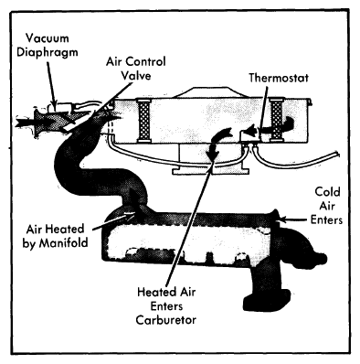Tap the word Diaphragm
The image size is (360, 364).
click(48, 52)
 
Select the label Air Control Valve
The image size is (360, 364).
click(136, 69)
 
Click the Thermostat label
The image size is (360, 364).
click(279, 78)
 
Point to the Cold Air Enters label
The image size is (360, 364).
click(326, 206)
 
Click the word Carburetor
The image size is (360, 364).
click(166, 320)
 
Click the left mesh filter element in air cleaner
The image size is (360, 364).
click(143, 121)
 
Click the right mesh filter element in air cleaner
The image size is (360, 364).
click(277, 120)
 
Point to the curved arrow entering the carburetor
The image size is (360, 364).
click(217, 142)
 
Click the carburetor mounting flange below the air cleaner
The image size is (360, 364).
click(211, 171)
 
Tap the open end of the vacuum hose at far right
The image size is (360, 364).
click(337, 154)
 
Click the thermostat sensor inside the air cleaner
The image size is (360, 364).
click(249, 134)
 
